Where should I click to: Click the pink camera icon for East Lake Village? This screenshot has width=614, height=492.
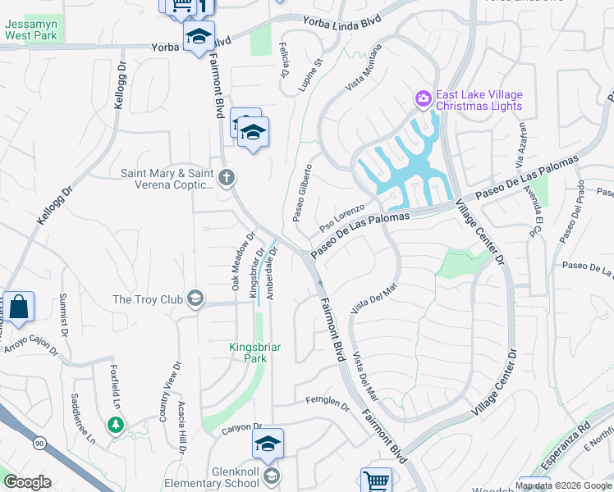[424, 99]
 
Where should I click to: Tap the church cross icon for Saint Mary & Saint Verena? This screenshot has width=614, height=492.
[227, 175]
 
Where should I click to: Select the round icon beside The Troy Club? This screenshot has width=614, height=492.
[195, 298]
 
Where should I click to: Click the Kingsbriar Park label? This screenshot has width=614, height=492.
[254, 353]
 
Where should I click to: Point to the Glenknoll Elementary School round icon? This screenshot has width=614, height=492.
[272, 476]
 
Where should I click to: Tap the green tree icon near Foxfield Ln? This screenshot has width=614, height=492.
[115, 424]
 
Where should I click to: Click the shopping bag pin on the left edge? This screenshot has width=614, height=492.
[18, 307]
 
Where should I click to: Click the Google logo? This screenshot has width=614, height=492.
[27, 482]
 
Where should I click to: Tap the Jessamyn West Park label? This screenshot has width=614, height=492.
[30, 30]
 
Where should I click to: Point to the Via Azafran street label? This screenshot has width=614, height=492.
[520, 140]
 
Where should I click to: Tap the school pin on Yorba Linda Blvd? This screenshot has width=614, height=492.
[198, 37]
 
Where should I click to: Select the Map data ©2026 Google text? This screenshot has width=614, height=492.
[563, 485]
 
